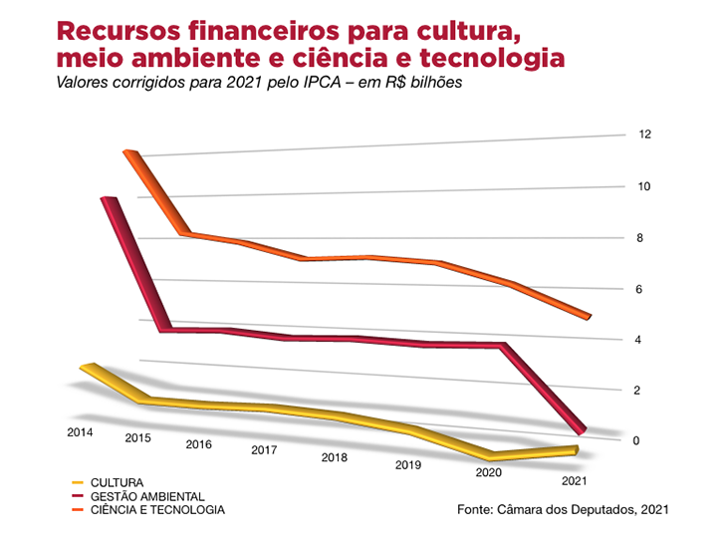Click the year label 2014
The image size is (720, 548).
click(x=81, y=432)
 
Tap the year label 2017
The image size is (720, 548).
click(x=264, y=450)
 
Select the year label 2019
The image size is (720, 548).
click(x=408, y=465)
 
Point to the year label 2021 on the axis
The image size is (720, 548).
click(x=575, y=481)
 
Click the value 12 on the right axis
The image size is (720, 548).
click(x=646, y=135)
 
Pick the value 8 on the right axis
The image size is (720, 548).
click(x=644, y=238)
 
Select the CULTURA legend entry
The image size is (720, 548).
click(x=118, y=482)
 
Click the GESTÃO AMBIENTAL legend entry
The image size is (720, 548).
click(x=147, y=496)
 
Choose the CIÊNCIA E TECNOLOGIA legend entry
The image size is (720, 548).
click(x=157, y=510)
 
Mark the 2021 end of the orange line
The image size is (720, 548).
click(x=589, y=317)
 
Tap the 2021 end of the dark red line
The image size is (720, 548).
click(x=582, y=431)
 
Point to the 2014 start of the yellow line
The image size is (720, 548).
click(x=88, y=368)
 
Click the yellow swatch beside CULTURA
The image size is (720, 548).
click(x=77, y=482)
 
